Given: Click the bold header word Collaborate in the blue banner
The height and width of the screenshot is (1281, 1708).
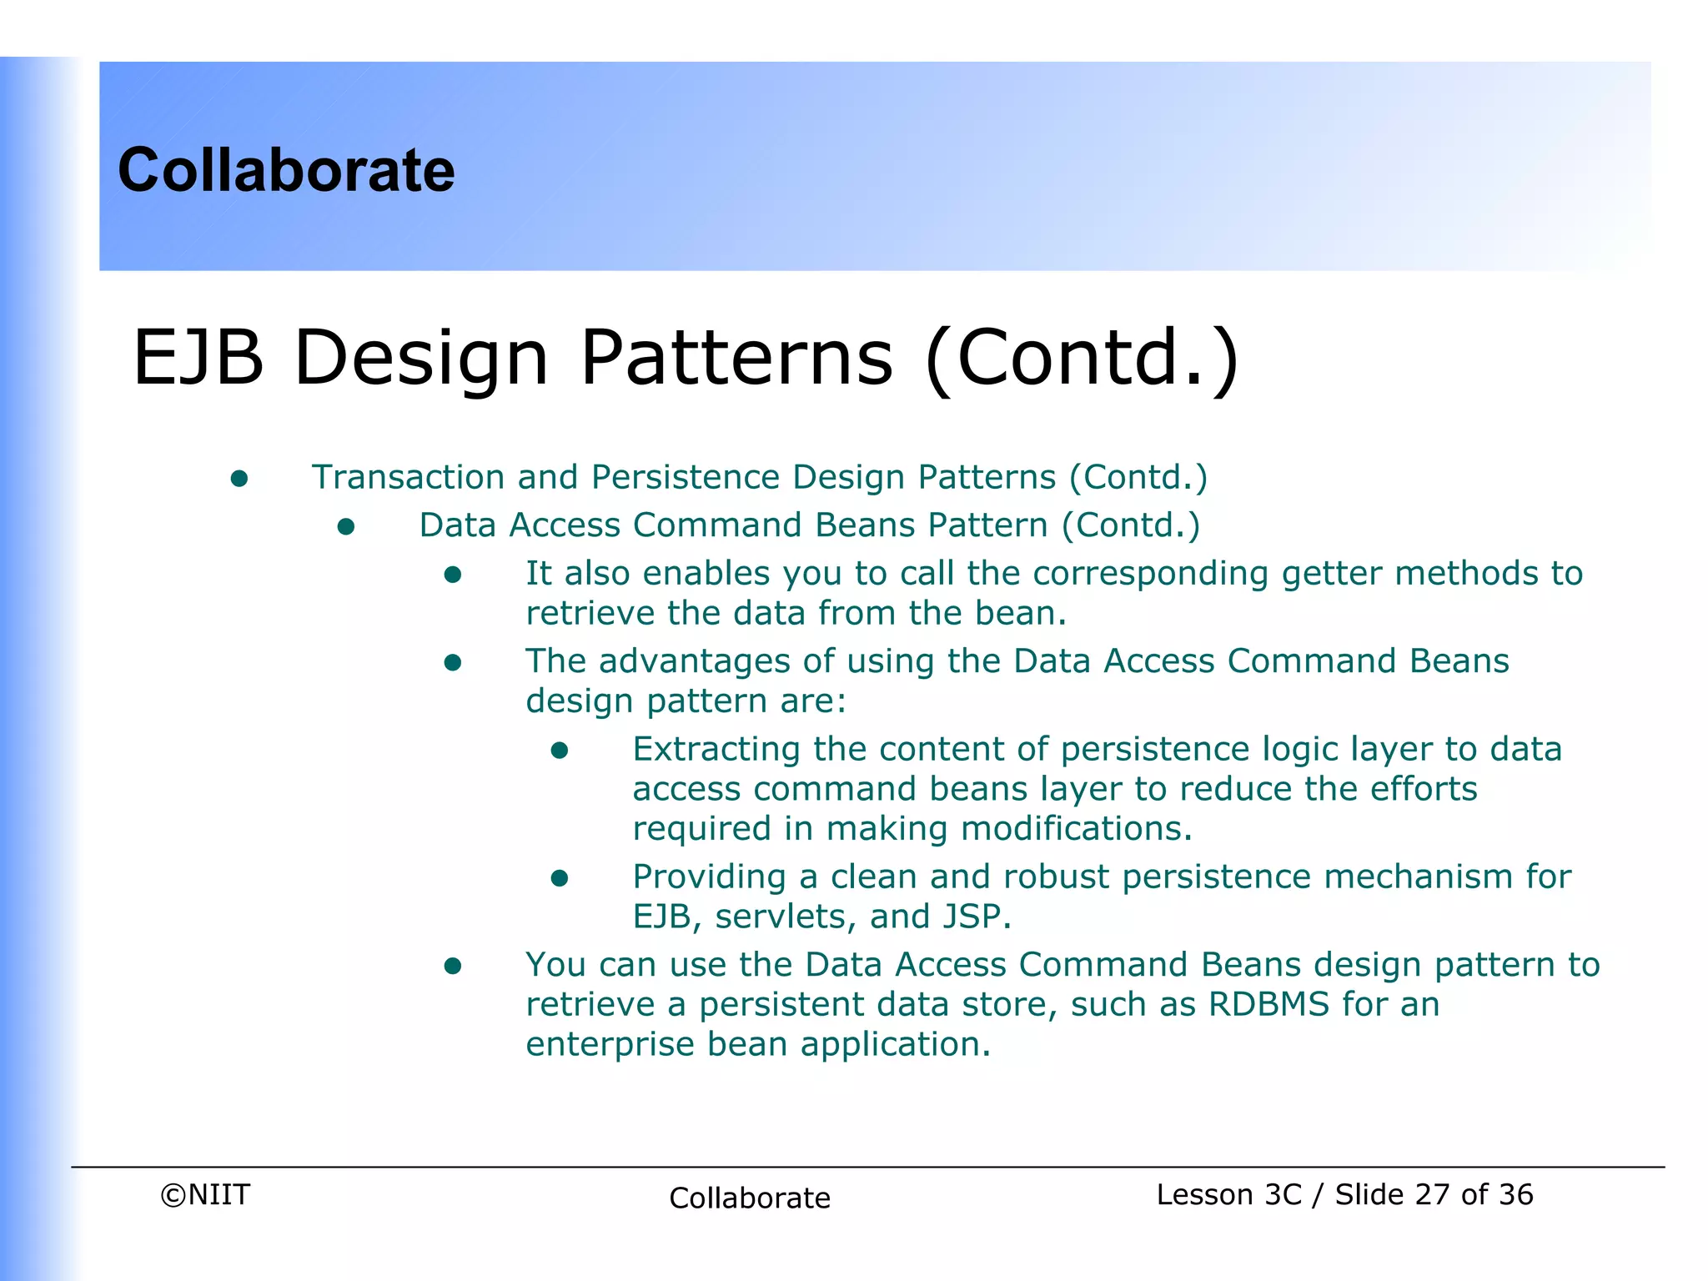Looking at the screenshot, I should [286, 170].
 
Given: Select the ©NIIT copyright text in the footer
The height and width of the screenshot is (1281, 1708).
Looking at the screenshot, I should [205, 1194].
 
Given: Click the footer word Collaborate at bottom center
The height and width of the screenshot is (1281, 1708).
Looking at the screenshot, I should [749, 1198].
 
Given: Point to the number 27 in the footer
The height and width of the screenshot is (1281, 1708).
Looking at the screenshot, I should [1432, 1194].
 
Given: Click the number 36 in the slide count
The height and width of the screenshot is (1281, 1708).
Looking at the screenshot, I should [1515, 1194].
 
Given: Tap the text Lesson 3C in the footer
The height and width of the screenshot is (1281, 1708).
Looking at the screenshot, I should [1228, 1194].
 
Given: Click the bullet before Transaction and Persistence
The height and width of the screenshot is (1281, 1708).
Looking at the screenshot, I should [239, 479].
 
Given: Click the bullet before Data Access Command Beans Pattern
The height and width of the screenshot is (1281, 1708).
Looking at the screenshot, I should [346, 527].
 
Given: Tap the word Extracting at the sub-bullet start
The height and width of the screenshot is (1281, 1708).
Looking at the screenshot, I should [716, 749].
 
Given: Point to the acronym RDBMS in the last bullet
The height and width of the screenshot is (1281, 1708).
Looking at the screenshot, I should [1268, 1004].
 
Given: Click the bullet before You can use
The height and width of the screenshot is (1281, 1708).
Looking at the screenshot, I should [453, 967].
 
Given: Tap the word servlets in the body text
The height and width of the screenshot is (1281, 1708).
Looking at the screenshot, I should [785, 917].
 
